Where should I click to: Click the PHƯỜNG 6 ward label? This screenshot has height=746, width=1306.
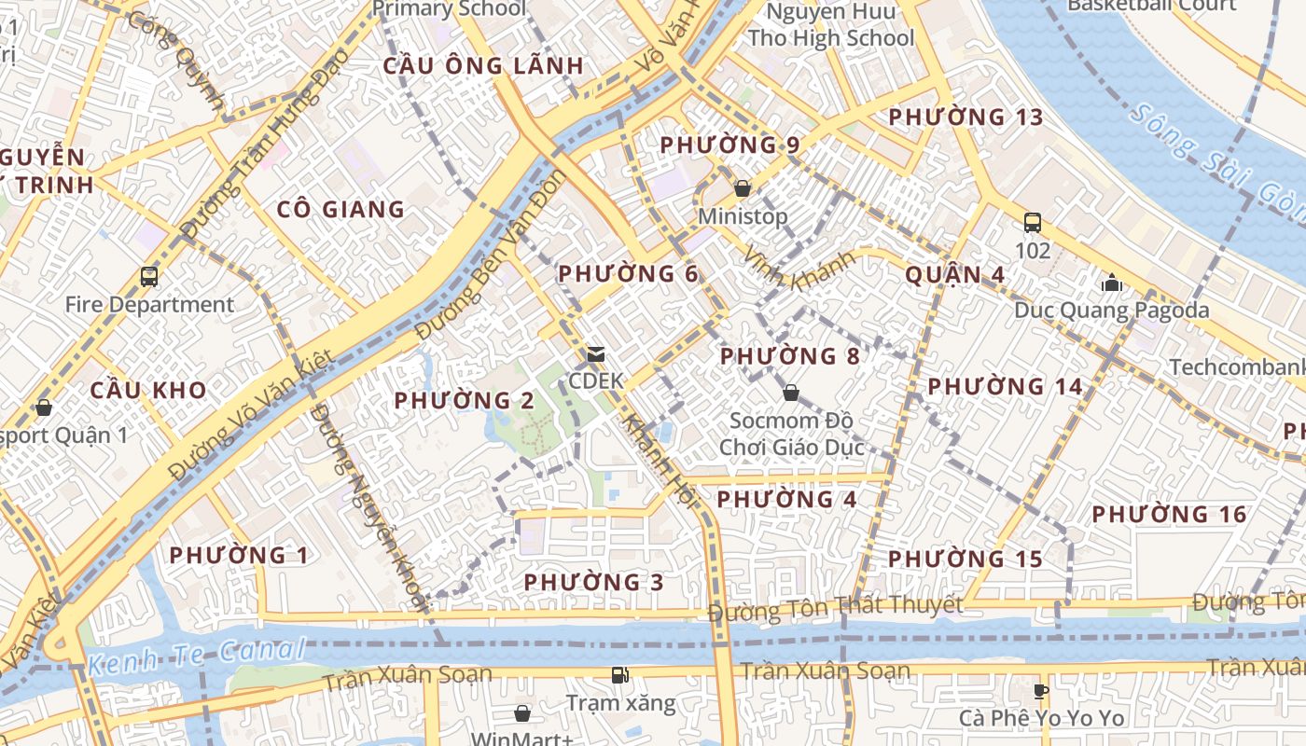pyautogui.click(x=628, y=273)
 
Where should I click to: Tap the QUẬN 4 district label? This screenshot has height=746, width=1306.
pyautogui.click(x=955, y=274)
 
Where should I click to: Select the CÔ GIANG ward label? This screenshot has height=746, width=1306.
pyautogui.click(x=340, y=209)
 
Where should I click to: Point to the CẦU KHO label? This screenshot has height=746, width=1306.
pyautogui.click(x=148, y=390)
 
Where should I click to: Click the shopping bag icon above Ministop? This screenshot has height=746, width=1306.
pyautogui.click(x=743, y=188)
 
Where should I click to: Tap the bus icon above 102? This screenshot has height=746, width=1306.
pyautogui.click(x=1033, y=223)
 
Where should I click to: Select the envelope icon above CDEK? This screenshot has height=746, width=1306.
pyautogui.click(x=595, y=354)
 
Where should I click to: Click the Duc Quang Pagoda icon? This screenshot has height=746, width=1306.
pyautogui.click(x=1111, y=282)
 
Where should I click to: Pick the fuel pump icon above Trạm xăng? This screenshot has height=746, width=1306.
pyautogui.click(x=619, y=674)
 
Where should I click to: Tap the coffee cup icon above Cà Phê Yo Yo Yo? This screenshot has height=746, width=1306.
pyautogui.click(x=1041, y=691)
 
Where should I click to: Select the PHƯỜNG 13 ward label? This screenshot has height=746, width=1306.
pyautogui.click(x=966, y=117)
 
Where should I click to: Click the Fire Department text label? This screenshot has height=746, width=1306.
pyautogui.click(x=149, y=304)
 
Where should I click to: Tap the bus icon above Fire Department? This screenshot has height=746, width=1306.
pyautogui.click(x=149, y=276)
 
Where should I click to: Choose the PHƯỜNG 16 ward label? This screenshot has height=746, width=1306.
pyautogui.click(x=1169, y=514)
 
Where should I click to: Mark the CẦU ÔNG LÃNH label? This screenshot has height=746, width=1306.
pyautogui.click(x=483, y=65)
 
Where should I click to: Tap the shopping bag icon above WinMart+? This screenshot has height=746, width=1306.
pyautogui.click(x=522, y=713)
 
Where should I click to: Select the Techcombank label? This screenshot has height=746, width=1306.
pyautogui.click(x=1237, y=366)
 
